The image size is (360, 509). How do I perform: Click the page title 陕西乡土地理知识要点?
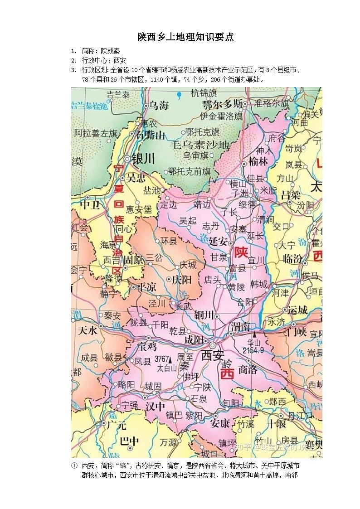[x=185, y=37]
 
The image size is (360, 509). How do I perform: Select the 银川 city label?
[x=142, y=159]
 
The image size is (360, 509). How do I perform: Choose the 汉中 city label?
[x=155, y=407]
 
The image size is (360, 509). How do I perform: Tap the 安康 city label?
[x=220, y=423]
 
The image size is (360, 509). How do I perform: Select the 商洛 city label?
[x=248, y=369]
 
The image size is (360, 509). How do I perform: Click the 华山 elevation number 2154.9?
[x=253, y=350]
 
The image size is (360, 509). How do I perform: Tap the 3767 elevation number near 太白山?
[x=162, y=359]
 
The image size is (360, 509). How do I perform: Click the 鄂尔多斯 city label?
[x=223, y=103]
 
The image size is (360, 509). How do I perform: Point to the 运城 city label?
[x=297, y=310]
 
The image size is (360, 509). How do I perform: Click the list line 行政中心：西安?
[x=104, y=60]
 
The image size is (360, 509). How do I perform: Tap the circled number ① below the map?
[x=74, y=465]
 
